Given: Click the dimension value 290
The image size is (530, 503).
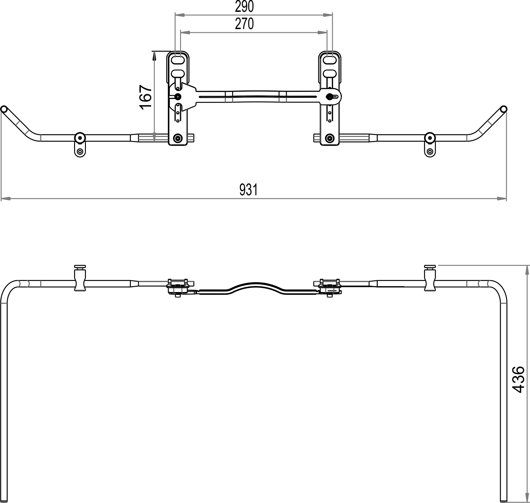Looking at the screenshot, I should pos(244,6).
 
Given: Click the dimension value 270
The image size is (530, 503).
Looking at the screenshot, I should pos(244,24).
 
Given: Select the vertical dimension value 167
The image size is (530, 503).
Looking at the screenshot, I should pos(146,97).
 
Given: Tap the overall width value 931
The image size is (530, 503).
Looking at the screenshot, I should pos(248,190).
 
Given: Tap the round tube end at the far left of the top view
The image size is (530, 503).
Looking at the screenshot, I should pos(4,109).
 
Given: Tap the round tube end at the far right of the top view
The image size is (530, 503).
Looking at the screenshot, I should pos(503,109).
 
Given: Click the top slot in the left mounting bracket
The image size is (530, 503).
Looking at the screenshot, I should pos(178,59).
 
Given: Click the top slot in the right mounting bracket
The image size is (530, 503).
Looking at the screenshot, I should pos(330,59).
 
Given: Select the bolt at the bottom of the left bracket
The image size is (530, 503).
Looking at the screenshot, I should pos(177,138).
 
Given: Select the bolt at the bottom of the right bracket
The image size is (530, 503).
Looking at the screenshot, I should pos(329,138).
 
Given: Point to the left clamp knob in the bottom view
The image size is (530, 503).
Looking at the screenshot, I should pos(80,267).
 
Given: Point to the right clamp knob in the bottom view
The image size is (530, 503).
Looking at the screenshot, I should pos(430,267).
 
